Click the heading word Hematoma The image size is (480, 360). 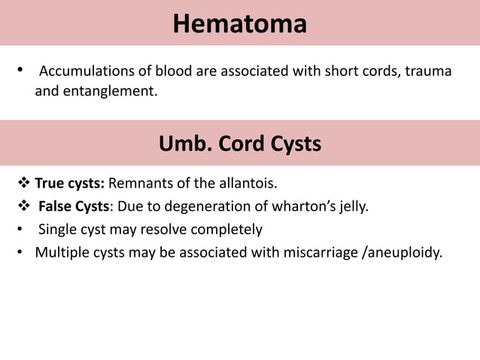[x=239, y=24]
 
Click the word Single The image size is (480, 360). [x=56, y=229]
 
